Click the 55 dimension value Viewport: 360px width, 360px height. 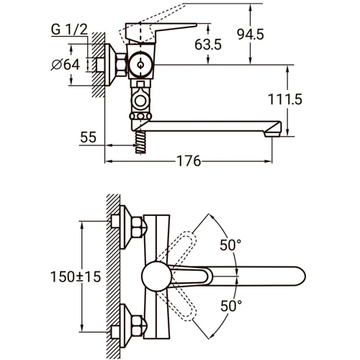[88, 137]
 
